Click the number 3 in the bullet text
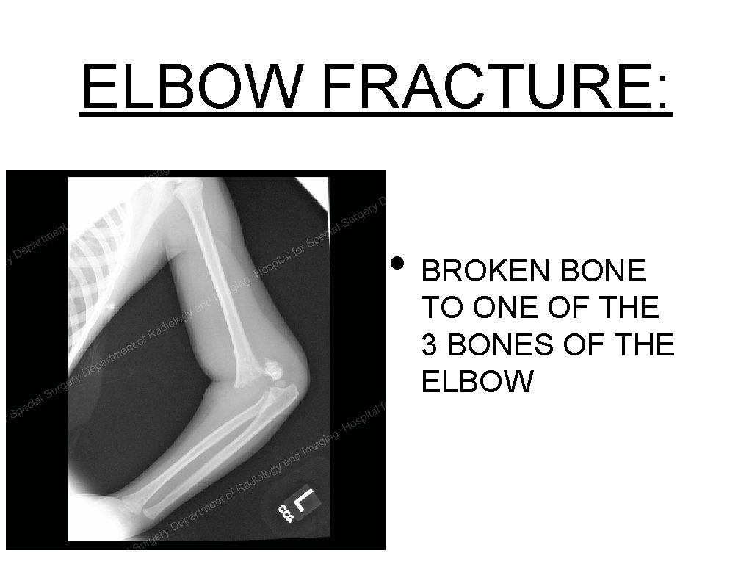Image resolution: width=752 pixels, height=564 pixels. [x=430, y=344]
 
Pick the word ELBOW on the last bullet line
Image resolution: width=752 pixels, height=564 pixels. [x=477, y=381]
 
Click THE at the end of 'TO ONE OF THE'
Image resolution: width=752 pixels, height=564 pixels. [x=626, y=308]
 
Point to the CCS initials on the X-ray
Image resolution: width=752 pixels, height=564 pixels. [x=286, y=513]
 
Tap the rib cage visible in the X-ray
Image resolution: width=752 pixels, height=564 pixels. [x=103, y=242]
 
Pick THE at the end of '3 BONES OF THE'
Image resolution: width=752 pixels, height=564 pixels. [x=643, y=344]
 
